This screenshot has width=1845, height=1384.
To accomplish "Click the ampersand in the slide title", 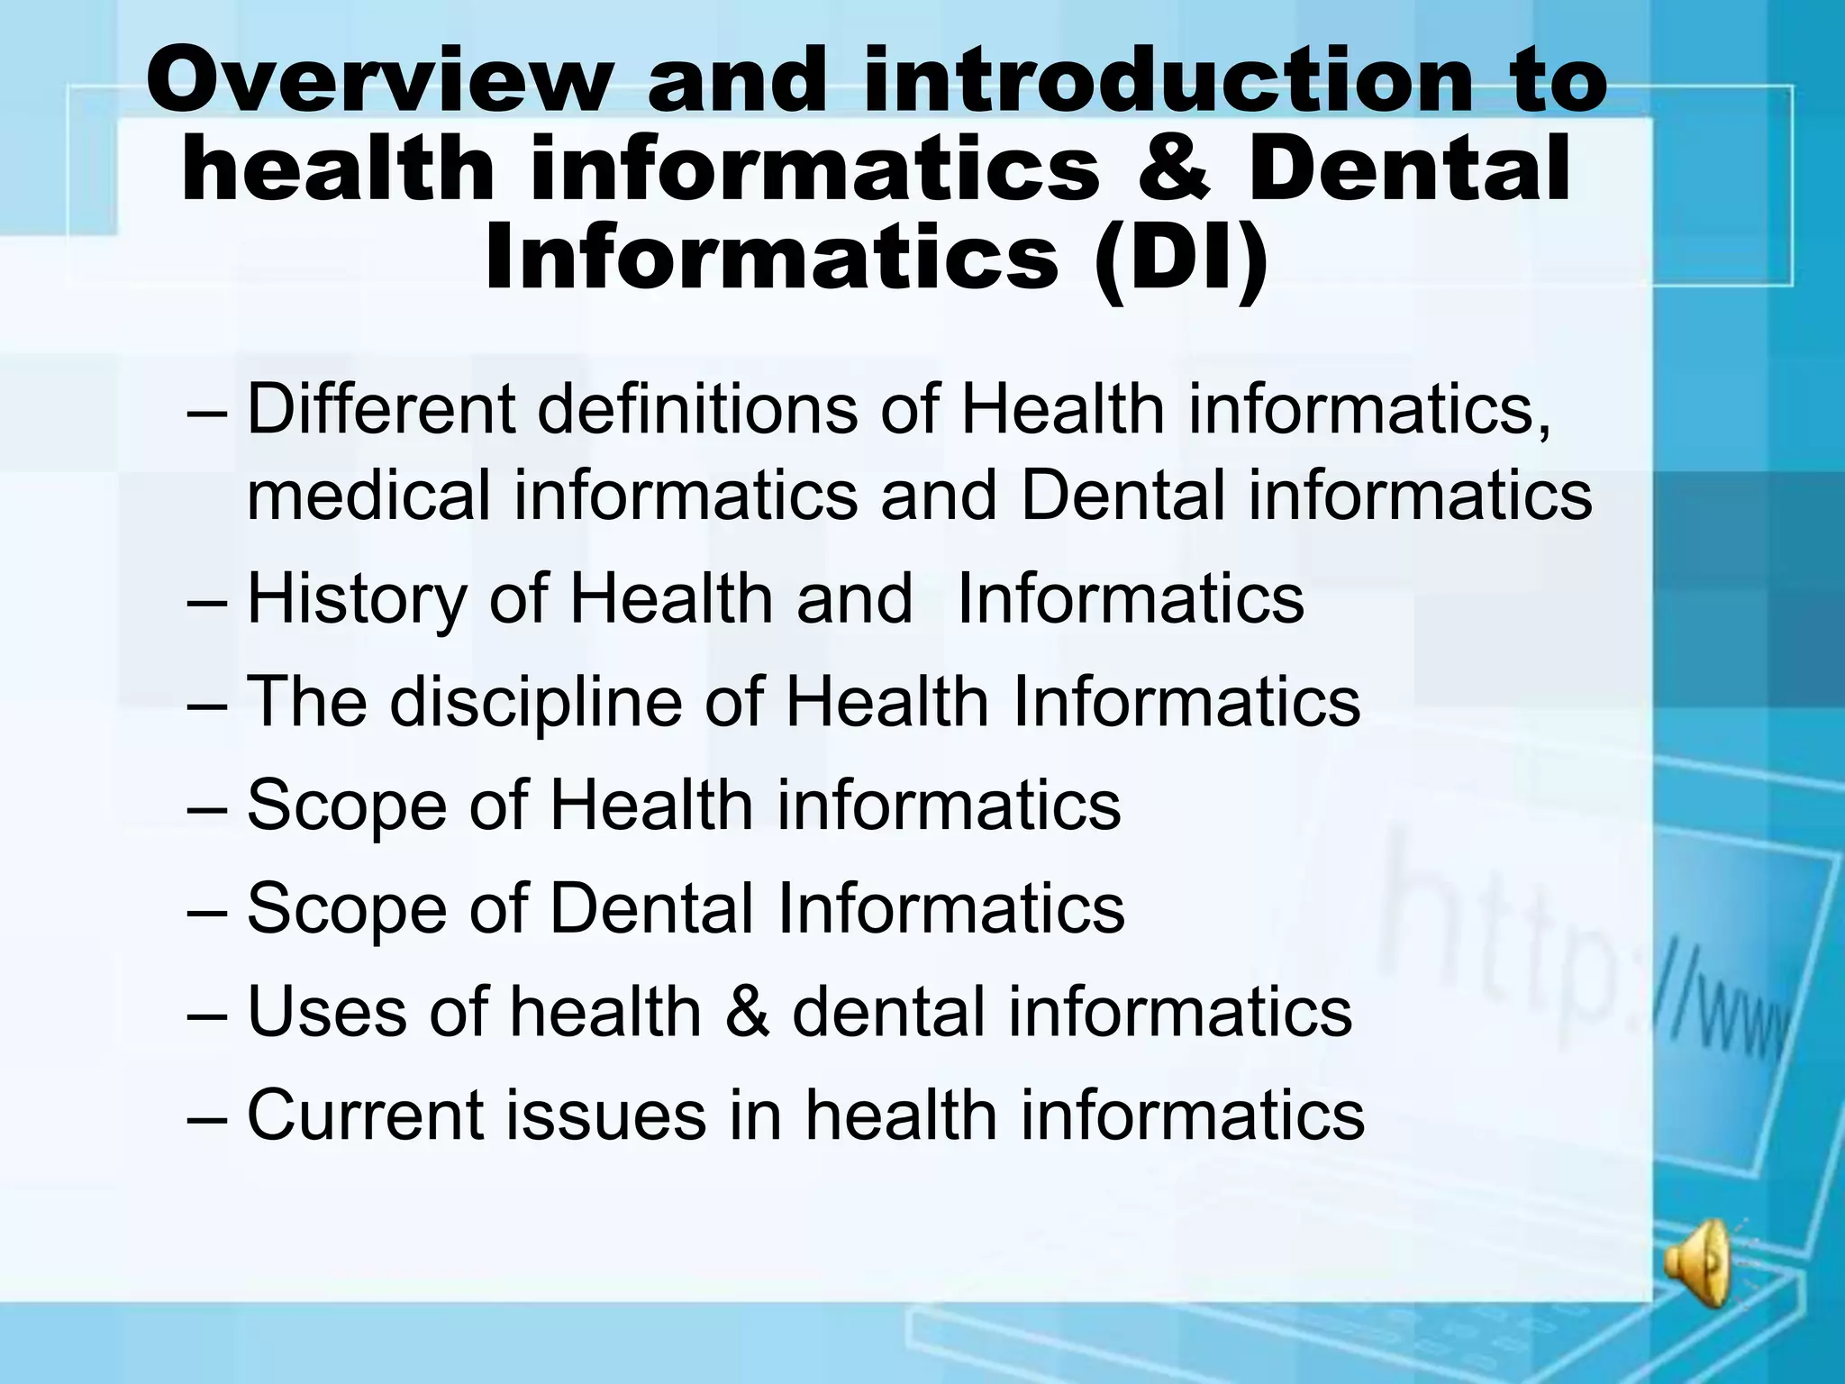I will (1175, 169).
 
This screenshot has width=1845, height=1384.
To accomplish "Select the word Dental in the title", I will (1409, 169).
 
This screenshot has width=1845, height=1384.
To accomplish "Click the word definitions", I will (697, 409).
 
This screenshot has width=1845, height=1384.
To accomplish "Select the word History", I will (357, 599).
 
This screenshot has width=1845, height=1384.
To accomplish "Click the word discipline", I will (535, 702).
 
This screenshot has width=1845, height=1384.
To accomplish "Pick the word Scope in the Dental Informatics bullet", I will (346, 908).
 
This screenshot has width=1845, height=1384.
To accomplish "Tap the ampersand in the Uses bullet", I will (747, 1011).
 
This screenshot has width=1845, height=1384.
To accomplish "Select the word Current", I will (364, 1115).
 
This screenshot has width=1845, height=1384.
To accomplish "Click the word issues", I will (605, 1115).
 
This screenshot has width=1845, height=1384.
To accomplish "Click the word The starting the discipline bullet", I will (306, 702).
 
